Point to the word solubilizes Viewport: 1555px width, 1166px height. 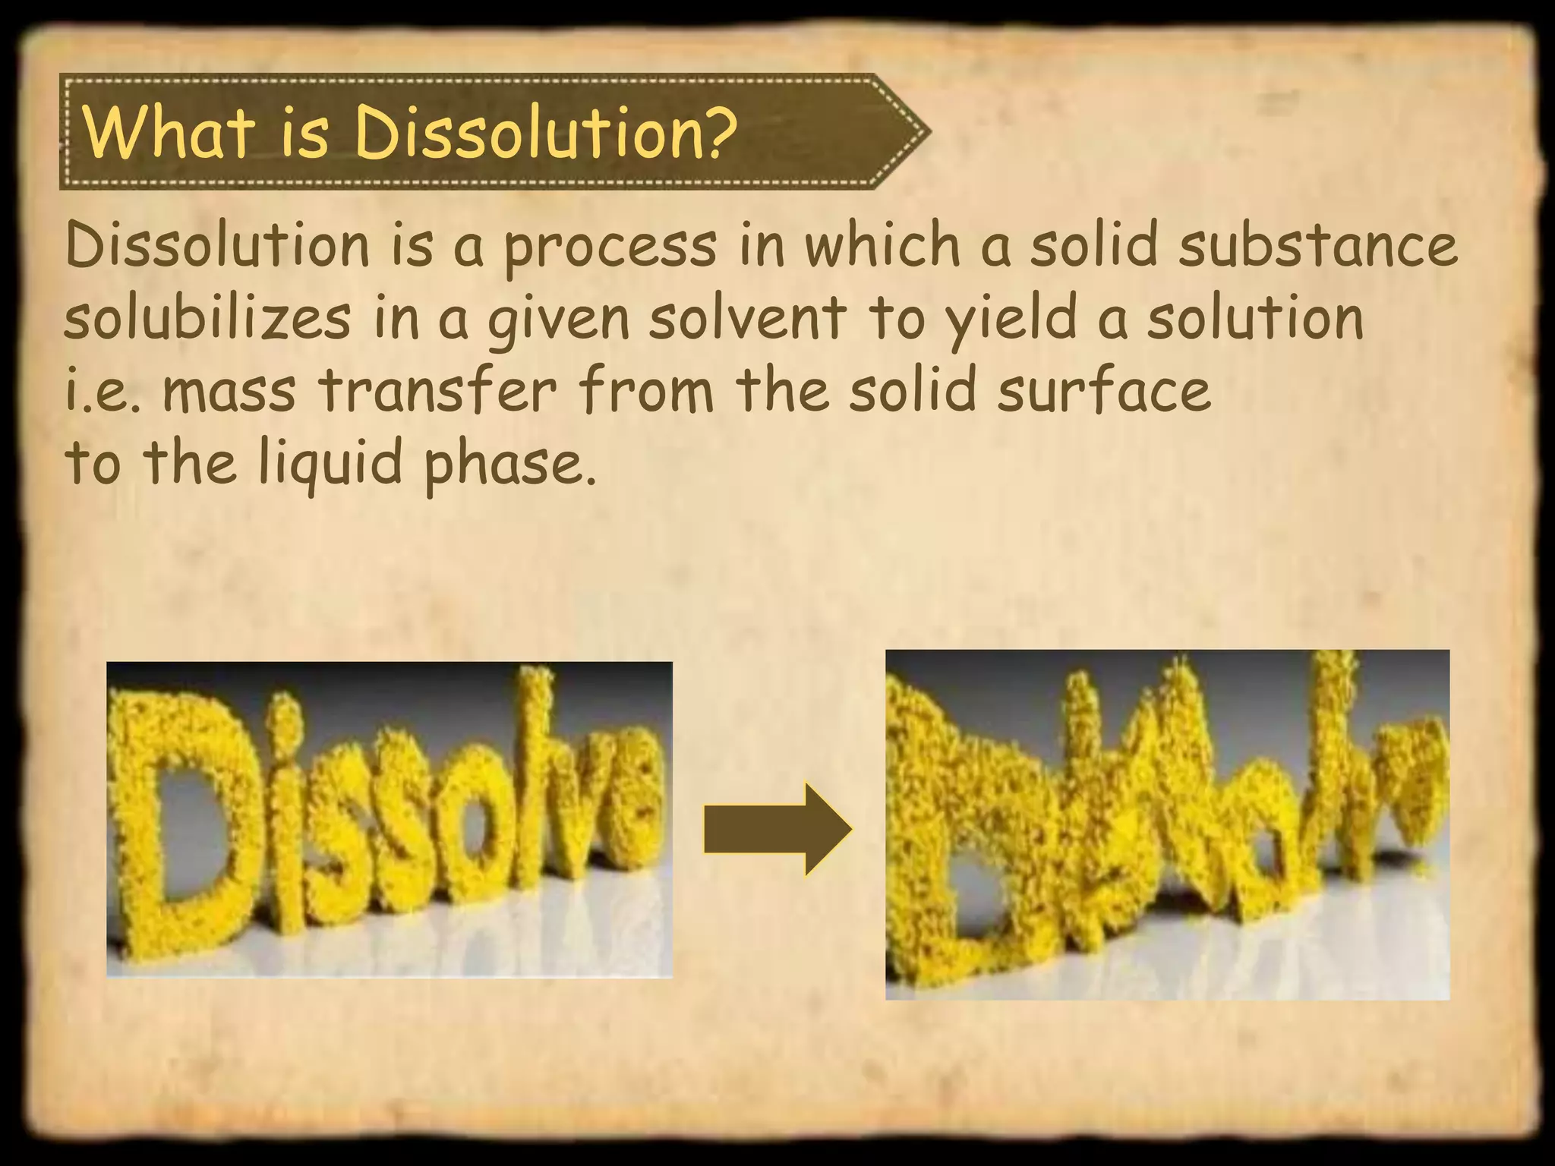[207, 319]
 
